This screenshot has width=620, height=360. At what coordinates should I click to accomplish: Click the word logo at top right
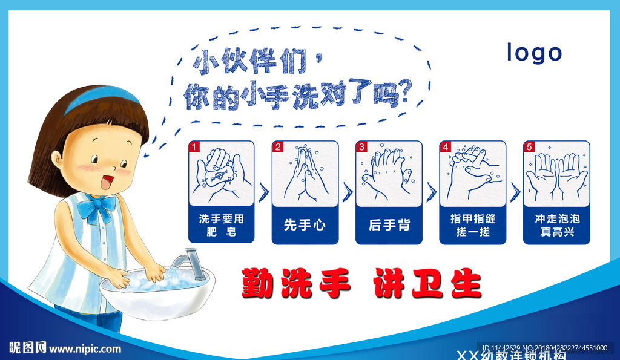534,53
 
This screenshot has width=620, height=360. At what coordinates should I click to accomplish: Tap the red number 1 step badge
194,146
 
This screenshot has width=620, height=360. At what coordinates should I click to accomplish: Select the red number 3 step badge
362,146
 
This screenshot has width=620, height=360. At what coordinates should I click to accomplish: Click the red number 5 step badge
530,146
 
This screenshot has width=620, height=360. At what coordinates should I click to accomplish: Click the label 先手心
305,226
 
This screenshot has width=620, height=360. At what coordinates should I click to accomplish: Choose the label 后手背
389,226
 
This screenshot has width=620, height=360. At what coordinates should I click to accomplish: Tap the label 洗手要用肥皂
221,225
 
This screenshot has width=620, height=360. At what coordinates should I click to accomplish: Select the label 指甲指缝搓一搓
472,225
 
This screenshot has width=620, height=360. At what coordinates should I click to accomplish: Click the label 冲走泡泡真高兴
556,225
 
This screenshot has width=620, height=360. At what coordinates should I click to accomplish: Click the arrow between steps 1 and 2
263,192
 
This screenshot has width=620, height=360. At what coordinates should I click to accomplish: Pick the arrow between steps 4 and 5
515,192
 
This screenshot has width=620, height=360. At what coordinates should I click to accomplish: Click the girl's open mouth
107,181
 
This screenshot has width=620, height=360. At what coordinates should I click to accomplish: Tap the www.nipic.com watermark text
85,349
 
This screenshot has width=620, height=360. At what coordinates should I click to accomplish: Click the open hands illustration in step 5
556,175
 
